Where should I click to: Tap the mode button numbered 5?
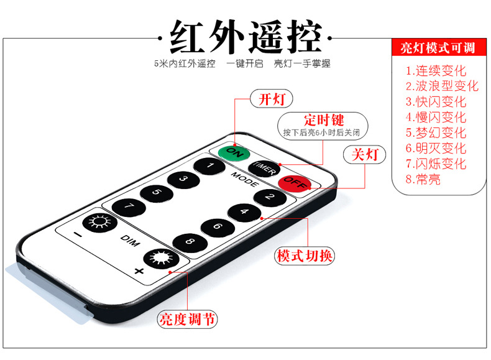click(156, 193)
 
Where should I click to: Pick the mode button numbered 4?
click(244, 211)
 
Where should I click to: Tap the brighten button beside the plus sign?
click(158, 259)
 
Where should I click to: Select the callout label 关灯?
click(364, 154)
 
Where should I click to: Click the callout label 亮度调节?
click(187, 320)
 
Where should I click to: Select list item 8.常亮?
click(423, 179)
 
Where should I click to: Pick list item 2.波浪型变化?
click(442, 86)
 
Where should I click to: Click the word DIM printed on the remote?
click(128, 238)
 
